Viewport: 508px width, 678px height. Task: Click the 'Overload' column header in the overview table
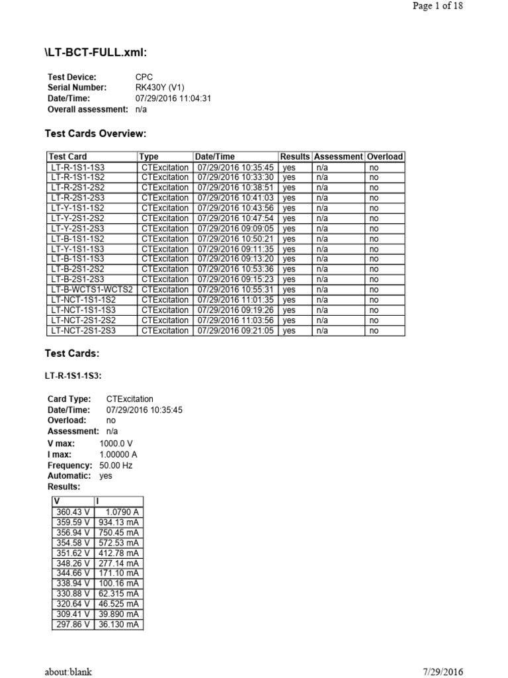pyautogui.click(x=385, y=157)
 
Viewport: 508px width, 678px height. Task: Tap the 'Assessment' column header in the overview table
pyautogui.click(x=338, y=157)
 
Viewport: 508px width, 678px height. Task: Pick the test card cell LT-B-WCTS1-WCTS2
pyautogui.click(x=92, y=290)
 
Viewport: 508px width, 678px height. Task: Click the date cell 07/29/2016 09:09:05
pyautogui.click(x=235, y=228)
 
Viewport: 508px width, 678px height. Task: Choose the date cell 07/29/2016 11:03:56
pyautogui.click(x=235, y=320)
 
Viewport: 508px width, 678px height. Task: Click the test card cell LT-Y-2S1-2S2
pyautogui.click(x=77, y=218)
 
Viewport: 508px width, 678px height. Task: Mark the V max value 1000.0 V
pyautogui.click(x=116, y=444)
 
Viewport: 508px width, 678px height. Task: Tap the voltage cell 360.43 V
pyautogui.click(x=72, y=512)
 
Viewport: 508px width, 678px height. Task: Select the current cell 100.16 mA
pyautogui.click(x=120, y=583)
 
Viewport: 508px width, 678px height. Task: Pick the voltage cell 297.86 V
pyautogui.click(x=72, y=624)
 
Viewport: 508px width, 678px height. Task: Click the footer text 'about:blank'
pyautogui.click(x=69, y=671)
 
